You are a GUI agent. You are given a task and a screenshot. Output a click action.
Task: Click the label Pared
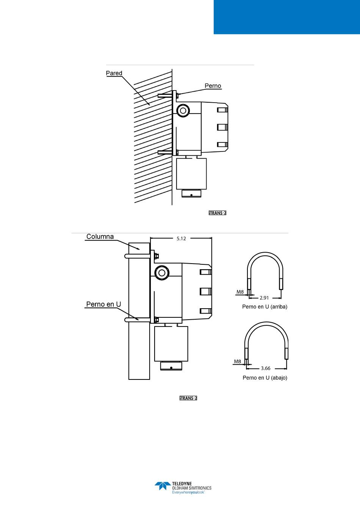[114, 73]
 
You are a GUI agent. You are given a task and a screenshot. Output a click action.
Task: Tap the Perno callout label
[213, 86]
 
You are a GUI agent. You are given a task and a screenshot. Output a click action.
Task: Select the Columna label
[100, 237]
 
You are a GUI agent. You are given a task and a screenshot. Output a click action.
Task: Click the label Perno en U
[103, 304]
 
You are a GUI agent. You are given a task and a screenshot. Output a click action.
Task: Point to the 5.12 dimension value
[181, 239]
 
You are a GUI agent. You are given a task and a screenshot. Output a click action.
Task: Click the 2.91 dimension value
[265, 298]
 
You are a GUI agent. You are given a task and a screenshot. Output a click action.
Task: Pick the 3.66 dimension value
[266, 368]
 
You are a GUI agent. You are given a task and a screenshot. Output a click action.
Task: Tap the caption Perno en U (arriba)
[265, 307]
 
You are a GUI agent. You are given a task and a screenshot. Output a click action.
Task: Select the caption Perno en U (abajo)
[265, 378]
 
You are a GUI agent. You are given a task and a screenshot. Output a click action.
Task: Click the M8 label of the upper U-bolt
[240, 292]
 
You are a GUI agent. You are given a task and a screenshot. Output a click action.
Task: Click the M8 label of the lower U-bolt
[238, 361]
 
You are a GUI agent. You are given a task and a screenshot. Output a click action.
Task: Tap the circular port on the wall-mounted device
[183, 110]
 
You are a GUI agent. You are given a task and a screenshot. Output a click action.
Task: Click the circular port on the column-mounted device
[162, 272]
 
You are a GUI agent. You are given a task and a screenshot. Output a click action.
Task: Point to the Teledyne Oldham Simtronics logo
[183, 488]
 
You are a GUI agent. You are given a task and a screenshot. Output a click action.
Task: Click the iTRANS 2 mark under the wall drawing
[218, 213]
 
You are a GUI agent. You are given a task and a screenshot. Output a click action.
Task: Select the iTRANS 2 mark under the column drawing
[188, 398]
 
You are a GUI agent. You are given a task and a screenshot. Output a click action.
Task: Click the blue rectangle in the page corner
[286, 17]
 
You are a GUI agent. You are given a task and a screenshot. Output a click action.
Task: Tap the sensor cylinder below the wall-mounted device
[191, 174]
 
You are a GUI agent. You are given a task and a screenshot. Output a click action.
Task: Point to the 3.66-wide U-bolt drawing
[266, 341]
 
